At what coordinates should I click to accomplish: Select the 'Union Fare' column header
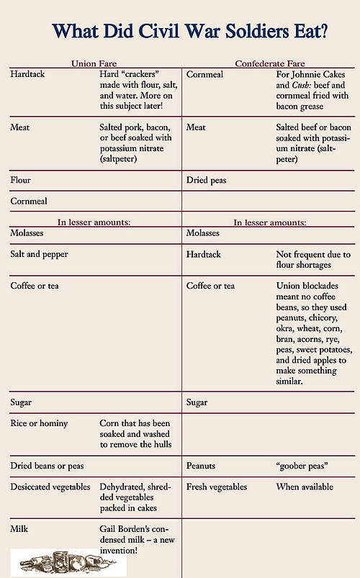coord(94,64)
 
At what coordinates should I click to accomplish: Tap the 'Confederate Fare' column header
coord(270,64)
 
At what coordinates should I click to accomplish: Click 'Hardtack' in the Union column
coord(27,74)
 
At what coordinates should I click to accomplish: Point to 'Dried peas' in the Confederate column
coord(206,180)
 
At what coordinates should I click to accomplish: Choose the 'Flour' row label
coord(20,180)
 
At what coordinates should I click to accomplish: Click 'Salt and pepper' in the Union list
coord(39,255)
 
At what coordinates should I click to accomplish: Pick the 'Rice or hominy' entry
coord(39,423)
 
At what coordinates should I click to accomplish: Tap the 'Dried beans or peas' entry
coord(48,466)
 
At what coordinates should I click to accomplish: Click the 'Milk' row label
coord(19,530)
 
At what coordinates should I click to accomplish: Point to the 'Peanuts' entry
coord(201,466)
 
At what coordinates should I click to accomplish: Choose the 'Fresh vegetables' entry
coord(217,487)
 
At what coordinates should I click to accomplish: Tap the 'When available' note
coord(305,487)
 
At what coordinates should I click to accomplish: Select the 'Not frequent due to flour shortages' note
coord(313,260)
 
